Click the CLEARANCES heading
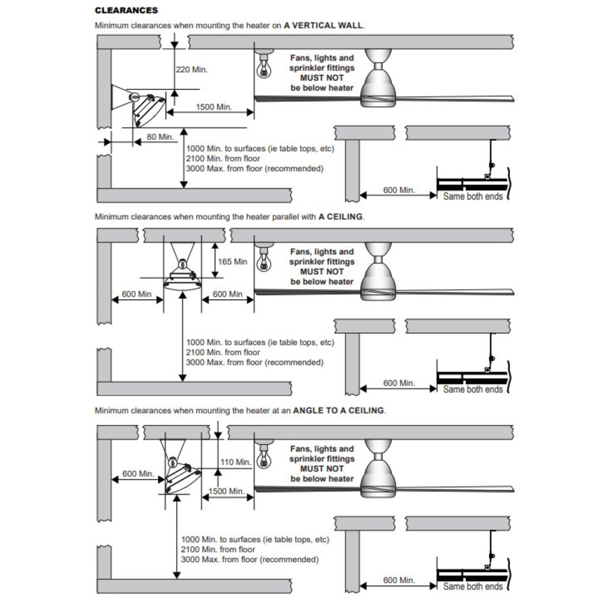pyautogui.click(x=126, y=11)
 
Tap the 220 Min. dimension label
pyautogui.click(x=192, y=70)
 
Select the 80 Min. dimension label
pyautogui.click(x=160, y=136)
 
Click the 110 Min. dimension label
pyautogui.click(x=236, y=462)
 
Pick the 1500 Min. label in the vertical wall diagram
pyautogui.click(x=213, y=107)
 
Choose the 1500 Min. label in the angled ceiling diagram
pyautogui.click(x=227, y=491)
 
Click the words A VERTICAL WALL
pyautogui.click(x=324, y=25)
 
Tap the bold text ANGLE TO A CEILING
pyautogui.click(x=338, y=410)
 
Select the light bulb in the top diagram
pyautogui.click(x=262, y=66)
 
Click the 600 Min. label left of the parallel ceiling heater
pyautogui.click(x=136, y=294)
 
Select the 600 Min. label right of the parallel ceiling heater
pyautogui.click(x=228, y=294)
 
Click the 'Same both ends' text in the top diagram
pyautogui.click(x=473, y=197)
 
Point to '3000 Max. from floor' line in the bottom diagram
pyautogui.click(x=249, y=559)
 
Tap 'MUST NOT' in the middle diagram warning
pyautogui.click(x=322, y=272)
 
